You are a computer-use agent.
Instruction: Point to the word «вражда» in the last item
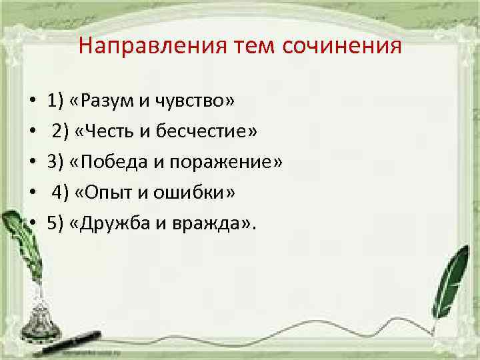(206, 223)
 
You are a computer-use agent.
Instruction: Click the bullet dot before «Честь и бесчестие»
(31, 132)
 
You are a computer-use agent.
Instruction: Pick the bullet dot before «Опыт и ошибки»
(31, 193)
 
